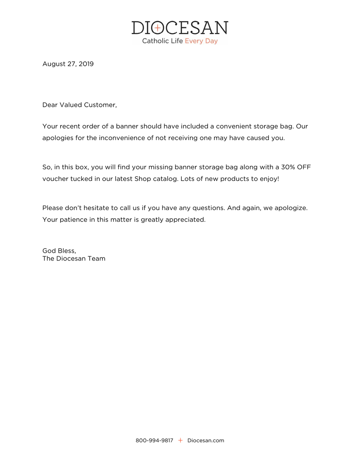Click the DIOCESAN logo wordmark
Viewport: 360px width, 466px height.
180,28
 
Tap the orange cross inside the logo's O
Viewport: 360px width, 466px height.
157,28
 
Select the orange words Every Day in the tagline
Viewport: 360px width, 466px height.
201,41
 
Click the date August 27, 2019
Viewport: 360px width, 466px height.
68,64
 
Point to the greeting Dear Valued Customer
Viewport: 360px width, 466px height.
79,105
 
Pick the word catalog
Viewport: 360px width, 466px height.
167,179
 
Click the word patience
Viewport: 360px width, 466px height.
73,219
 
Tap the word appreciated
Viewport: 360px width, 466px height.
185,219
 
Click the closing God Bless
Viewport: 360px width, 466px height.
59,251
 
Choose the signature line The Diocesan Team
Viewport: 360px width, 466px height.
74,259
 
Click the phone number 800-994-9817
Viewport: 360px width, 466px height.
154,440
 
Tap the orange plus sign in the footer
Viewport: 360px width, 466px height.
180,440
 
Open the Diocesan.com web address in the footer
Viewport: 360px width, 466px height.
205,440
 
